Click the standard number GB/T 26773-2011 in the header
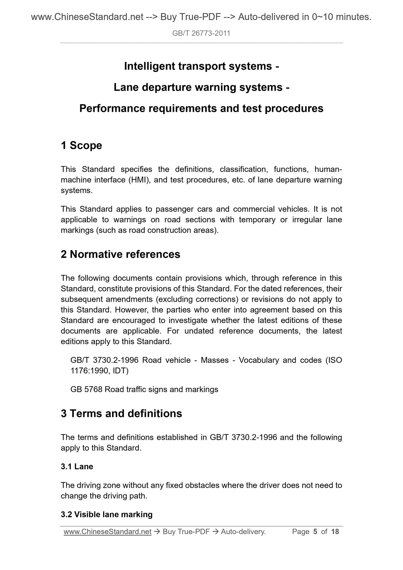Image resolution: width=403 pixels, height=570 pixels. click(201, 33)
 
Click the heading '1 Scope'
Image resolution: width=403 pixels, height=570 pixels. click(81, 146)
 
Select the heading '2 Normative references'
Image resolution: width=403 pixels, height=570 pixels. click(120, 254)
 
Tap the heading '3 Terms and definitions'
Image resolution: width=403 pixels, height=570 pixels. click(121, 413)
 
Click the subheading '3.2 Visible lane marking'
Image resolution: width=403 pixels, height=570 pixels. click(107, 515)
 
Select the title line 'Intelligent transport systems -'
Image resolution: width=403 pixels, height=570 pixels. click(201, 66)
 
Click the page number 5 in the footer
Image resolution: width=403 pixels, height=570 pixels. click(315, 532)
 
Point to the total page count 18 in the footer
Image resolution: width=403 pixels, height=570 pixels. click(335, 532)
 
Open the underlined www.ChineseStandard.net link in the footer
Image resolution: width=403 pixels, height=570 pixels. click(107, 532)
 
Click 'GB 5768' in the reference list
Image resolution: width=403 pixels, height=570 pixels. click(86, 389)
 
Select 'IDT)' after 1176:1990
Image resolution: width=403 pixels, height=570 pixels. click(121, 371)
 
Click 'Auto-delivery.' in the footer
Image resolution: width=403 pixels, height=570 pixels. click(243, 532)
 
